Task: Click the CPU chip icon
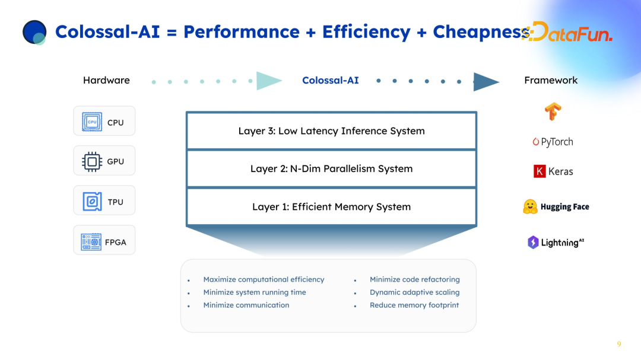[x=92, y=122]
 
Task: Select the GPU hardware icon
[x=92, y=161]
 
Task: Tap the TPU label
[x=115, y=202]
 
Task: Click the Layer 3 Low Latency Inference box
[x=331, y=131]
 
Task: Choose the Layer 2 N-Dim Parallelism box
[x=331, y=169]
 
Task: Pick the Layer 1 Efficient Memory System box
[x=331, y=207]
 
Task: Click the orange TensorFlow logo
[x=553, y=111]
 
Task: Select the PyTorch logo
[x=553, y=142]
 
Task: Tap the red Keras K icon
[x=540, y=171]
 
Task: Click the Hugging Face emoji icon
[x=530, y=206]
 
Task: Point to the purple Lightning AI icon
[x=533, y=242]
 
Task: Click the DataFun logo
[x=570, y=33]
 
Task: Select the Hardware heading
[x=106, y=80]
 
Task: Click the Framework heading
[x=551, y=80]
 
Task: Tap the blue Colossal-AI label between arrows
[x=331, y=80]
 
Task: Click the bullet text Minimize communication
[x=246, y=305]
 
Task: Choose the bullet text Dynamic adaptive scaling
[x=414, y=292]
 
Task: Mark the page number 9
[x=619, y=344]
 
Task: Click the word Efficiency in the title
[x=366, y=32]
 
